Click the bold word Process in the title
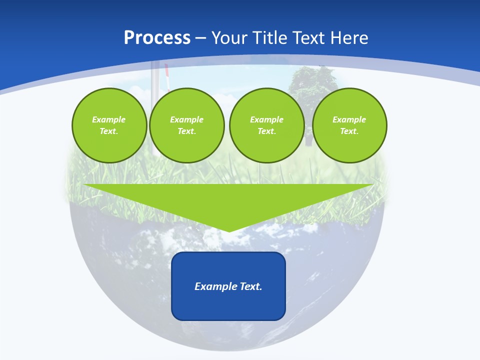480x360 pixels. click(x=157, y=38)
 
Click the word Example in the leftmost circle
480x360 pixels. click(x=109, y=119)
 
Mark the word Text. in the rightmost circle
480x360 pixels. click(x=349, y=131)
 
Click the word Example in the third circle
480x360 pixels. click(x=266, y=119)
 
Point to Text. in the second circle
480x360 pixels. click(x=186, y=131)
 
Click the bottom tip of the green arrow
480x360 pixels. click(x=229, y=230)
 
